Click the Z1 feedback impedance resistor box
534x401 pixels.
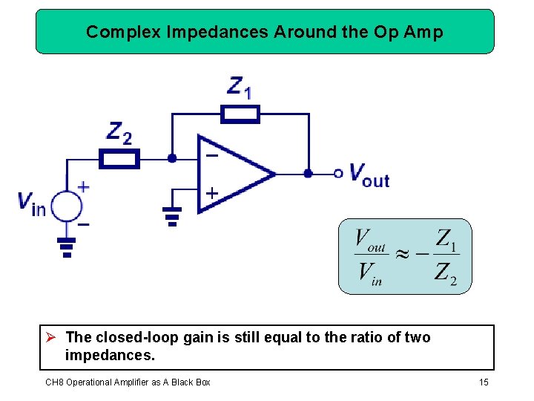[x=241, y=114]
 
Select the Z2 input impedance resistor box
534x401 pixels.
[x=119, y=159]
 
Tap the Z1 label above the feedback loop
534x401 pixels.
[x=240, y=87]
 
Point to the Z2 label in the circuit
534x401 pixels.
[x=119, y=133]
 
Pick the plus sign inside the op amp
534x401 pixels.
[x=211, y=193]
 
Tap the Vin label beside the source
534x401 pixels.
[x=32, y=203]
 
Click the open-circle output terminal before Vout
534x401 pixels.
[x=338, y=174]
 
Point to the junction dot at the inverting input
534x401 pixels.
[x=172, y=158]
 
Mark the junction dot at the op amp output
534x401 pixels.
[x=308, y=174]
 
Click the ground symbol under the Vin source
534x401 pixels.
[x=67, y=247]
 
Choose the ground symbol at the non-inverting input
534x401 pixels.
[x=172, y=216]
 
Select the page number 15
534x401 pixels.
[x=484, y=382]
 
